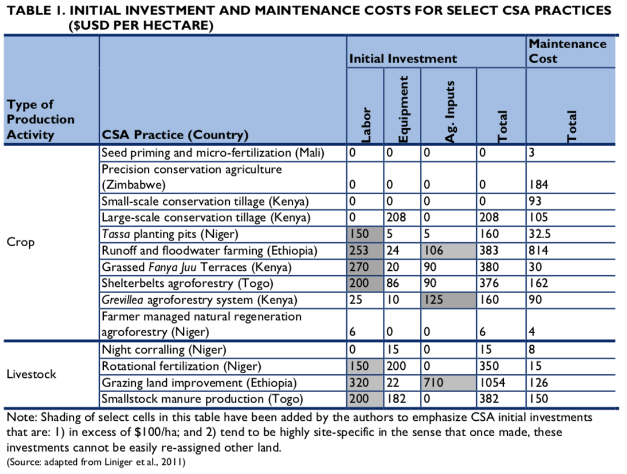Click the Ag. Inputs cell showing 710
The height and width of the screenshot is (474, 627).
[x=433, y=382]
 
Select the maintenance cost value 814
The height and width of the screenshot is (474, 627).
[x=539, y=250]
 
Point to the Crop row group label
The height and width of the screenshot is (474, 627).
[x=21, y=242]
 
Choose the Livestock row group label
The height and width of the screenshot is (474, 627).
[x=32, y=374]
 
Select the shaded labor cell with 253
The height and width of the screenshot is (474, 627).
[x=359, y=250]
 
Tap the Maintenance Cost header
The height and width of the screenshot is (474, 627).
[x=567, y=51]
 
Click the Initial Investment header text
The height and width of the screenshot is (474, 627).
[x=403, y=58]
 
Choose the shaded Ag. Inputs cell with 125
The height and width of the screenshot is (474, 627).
[x=433, y=300]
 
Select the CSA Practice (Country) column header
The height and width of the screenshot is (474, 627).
[x=175, y=135]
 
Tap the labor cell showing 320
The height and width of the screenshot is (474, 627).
[x=359, y=382]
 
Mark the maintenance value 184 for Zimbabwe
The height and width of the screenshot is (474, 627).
[x=539, y=185]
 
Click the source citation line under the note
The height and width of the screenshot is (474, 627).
[x=96, y=461]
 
